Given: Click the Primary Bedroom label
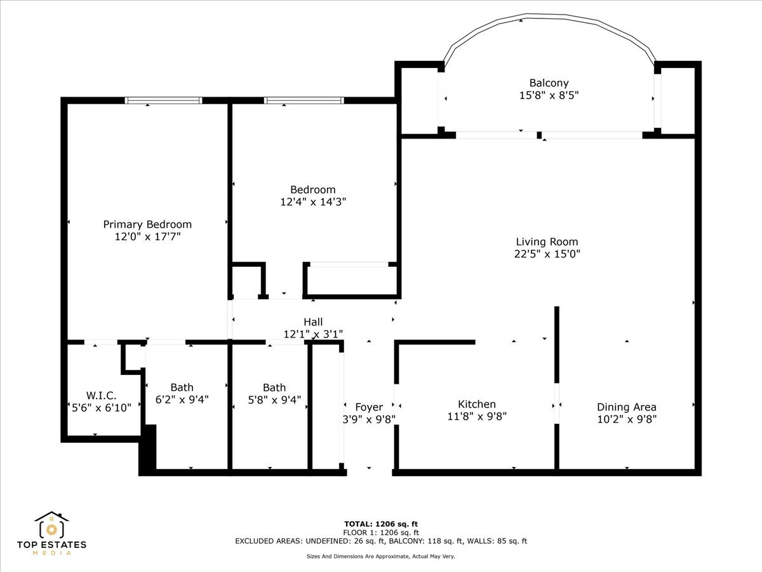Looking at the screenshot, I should [147, 224].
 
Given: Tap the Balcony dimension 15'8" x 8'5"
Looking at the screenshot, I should [549, 95].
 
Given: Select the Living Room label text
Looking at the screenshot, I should [547, 242].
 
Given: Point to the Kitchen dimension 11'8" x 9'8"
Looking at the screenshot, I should [477, 416].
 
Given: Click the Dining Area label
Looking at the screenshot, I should [626, 407].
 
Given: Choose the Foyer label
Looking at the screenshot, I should [369, 407].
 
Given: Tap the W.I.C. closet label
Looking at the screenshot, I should [102, 395].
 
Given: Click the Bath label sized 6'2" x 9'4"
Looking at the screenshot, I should [182, 388].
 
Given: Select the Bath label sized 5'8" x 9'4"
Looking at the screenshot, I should [274, 388].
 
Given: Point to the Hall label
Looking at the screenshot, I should [313, 322].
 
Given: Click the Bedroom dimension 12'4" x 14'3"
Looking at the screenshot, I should [313, 201].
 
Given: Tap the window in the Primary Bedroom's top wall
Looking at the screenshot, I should [164, 100].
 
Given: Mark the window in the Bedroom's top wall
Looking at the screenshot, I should [304, 100].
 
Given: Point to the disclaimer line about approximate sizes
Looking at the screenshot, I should [381, 556].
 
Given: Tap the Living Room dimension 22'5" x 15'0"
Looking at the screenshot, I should [547, 254].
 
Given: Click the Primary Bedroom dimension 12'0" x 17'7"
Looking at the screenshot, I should [147, 236].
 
